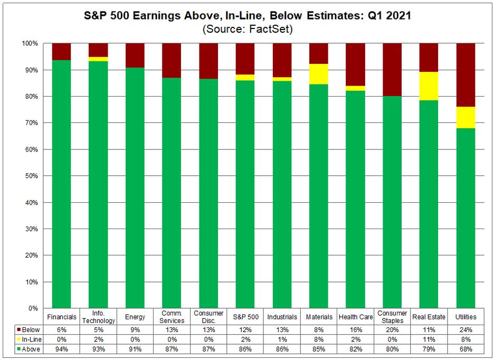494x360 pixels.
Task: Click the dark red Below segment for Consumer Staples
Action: click(x=392, y=69)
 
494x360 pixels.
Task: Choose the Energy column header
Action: click(x=135, y=317)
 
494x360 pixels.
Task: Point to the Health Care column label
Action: click(x=355, y=317)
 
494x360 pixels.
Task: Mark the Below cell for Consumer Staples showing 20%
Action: click(x=392, y=330)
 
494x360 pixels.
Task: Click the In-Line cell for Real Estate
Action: click(x=429, y=339)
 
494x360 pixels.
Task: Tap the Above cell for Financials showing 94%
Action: click(x=62, y=349)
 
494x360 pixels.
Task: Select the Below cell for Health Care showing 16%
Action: click(x=355, y=330)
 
